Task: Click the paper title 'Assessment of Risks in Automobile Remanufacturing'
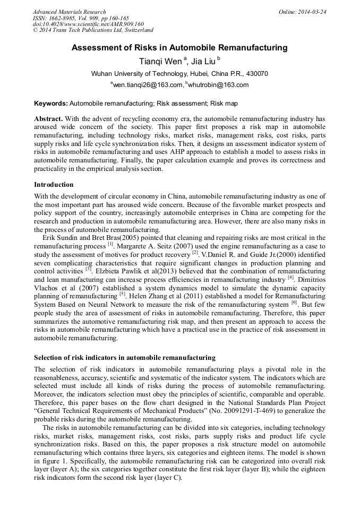(x=179, y=48)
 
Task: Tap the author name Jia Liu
(x=203, y=61)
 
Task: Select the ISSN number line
(x=76, y=18)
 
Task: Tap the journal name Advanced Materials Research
(x=69, y=12)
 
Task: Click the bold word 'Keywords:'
(x=50, y=103)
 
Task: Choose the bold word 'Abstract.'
(x=48, y=119)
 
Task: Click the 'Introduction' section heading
(x=54, y=185)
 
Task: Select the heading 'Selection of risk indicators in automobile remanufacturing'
(x=125, y=357)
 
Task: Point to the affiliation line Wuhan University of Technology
(x=179, y=74)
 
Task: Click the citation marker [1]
(x=110, y=245)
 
